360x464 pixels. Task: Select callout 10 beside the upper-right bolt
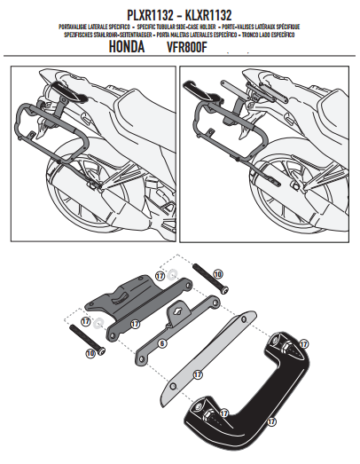(219, 275)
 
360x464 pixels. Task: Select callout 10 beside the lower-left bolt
(90, 353)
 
